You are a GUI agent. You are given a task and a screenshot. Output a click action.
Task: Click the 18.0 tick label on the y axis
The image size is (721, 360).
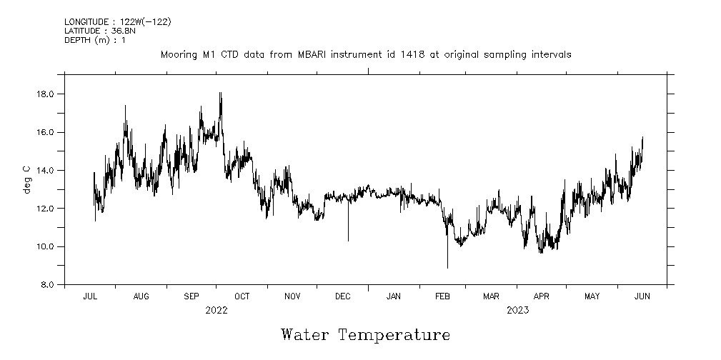coord(47,94)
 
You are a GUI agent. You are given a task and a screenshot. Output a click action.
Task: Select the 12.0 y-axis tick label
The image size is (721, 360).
coord(47,209)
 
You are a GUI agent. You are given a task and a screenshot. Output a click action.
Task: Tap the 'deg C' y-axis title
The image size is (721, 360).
coord(26,179)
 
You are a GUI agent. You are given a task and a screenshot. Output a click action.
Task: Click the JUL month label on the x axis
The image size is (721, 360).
coord(90,296)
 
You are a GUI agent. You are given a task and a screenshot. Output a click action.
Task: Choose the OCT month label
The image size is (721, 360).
coord(242,296)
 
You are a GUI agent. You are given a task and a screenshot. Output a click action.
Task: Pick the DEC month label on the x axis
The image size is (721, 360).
coord(342,296)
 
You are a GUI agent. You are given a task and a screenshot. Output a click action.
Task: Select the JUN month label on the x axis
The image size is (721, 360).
coord(642,296)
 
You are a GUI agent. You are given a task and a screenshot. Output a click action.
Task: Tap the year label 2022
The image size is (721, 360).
coord(216,310)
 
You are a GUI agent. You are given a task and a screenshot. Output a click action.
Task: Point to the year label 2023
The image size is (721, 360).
coord(517,310)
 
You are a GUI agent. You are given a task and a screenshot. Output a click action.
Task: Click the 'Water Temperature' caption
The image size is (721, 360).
coord(365,335)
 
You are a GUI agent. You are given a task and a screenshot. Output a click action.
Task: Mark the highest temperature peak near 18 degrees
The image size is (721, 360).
coord(220,93)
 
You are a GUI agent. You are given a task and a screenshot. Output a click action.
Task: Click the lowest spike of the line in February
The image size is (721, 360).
coord(447,267)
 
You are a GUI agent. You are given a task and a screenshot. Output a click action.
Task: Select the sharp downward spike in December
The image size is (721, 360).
coord(348,240)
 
